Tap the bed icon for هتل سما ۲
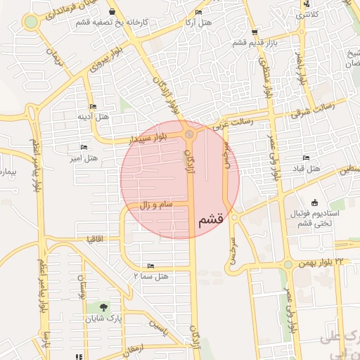[x=151, y=266]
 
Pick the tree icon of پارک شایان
[x=103, y=307]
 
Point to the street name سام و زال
[x=149, y=204]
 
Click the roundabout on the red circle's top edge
[x=188, y=134]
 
